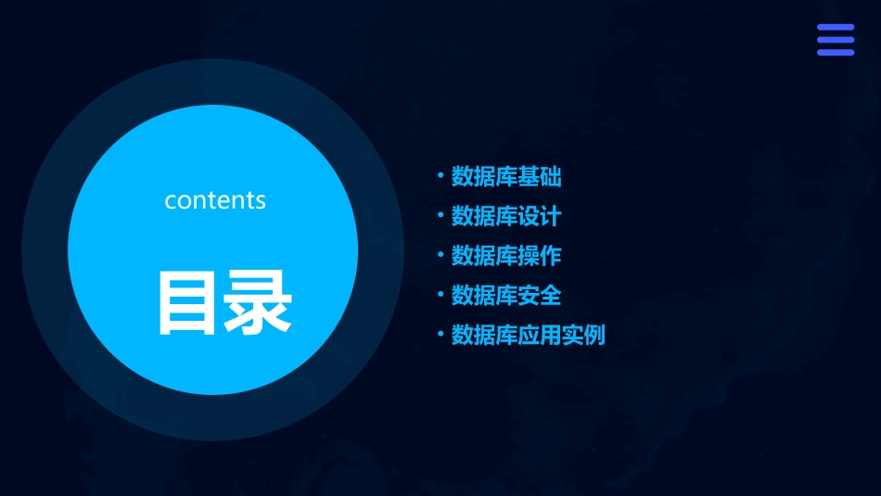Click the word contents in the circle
tap(215, 200)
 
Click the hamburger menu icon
tap(835, 40)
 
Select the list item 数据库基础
tap(506, 176)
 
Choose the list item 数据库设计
tap(506, 216)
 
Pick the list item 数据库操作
tap(506, 256)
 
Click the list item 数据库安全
tap(506, 296)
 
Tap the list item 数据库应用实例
tap(528, 335)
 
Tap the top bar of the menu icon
tap(835, 29)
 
